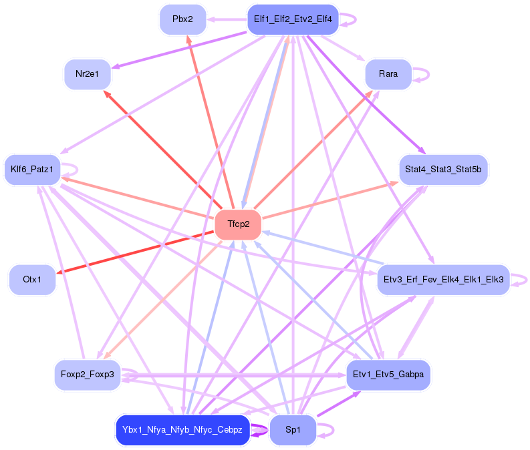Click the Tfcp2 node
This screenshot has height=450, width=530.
tap(238, 224)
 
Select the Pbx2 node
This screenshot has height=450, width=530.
tap(182, 19)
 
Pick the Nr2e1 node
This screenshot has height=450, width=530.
tap(87, 74)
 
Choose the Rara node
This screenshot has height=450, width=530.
tap(388, 74)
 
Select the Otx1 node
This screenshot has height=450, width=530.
tap(32, 279)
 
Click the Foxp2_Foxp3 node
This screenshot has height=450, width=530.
tap(87, 375)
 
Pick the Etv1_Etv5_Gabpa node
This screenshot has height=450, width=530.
tap(388, 375)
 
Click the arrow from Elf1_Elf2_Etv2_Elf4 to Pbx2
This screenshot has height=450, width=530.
tap(227, 19)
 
